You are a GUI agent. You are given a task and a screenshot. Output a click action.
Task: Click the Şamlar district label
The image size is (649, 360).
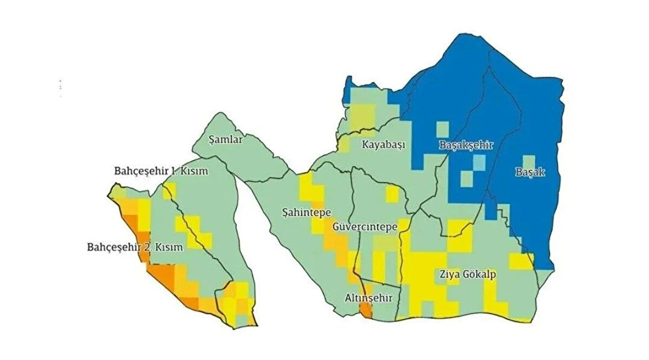[x=226, y=139]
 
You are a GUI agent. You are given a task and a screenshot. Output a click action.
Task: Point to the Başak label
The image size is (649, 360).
[x=529, y=173]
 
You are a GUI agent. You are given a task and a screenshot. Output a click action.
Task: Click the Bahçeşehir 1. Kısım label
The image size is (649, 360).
[x=161, y=171]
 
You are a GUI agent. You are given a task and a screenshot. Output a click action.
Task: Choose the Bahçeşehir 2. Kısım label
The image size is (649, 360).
[x=135, y=248]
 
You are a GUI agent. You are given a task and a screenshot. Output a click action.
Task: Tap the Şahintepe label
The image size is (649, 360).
[x=307, y=212]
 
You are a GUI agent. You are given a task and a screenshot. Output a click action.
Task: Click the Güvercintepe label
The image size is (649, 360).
[x=365, y=226]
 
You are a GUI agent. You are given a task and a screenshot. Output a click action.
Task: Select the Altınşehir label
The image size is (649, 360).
[x=368, y=298]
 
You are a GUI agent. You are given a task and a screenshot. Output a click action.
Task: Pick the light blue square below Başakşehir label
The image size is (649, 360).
[x=479, y=162]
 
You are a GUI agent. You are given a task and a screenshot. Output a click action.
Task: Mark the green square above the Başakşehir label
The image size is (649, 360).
[x=442, y=129]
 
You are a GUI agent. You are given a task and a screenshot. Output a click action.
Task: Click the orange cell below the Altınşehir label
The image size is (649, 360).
[x=366, y=310]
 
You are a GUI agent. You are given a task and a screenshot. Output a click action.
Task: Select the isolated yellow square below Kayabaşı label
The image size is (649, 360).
[x=392, y=193]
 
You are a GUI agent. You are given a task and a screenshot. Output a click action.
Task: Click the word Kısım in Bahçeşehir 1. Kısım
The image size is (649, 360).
[x=195, y=171]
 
